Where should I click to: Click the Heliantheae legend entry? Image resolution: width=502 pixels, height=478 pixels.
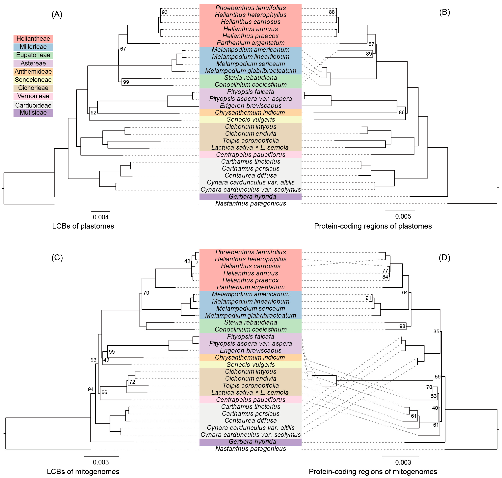33,39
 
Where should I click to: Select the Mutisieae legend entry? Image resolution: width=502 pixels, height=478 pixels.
33,113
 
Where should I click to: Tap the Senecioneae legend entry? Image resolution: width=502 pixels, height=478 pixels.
33,80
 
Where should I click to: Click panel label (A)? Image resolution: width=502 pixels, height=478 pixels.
57,14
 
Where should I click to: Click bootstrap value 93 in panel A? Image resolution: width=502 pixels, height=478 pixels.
164,12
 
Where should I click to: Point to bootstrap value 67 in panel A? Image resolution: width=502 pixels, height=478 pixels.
123,49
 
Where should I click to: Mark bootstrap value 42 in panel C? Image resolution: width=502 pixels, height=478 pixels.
187,261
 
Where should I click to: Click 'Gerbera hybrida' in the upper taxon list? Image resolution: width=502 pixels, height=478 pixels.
252,196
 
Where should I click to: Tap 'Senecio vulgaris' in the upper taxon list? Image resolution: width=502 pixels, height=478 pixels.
251,119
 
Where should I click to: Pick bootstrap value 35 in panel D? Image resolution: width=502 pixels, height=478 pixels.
436,332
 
